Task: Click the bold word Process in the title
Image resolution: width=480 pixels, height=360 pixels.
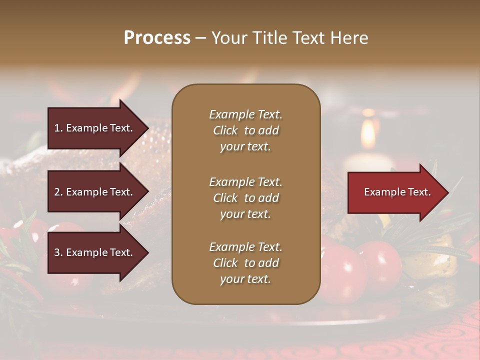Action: point(157,38)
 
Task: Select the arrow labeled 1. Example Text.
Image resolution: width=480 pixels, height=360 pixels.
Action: point(95,128)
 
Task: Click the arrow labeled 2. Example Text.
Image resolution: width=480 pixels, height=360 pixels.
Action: point(95,192)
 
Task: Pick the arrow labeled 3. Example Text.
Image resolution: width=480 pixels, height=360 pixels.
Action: point(95,253)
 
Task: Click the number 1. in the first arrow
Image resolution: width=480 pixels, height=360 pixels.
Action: point(58,128)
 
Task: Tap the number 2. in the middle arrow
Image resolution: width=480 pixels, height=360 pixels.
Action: point(58,192)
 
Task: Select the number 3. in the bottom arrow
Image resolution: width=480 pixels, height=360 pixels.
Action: point(58,253)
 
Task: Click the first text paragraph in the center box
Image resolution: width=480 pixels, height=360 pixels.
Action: point(245,130)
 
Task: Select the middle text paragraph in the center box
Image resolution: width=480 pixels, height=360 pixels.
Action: point(245,198)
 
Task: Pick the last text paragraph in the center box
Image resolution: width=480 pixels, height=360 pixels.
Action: point(245,263)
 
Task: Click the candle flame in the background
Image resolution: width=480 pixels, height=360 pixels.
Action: point(368,133)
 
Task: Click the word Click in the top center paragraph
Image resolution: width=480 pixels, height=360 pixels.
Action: point(225,130)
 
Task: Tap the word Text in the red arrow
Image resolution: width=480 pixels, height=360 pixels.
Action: point(418,192)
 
